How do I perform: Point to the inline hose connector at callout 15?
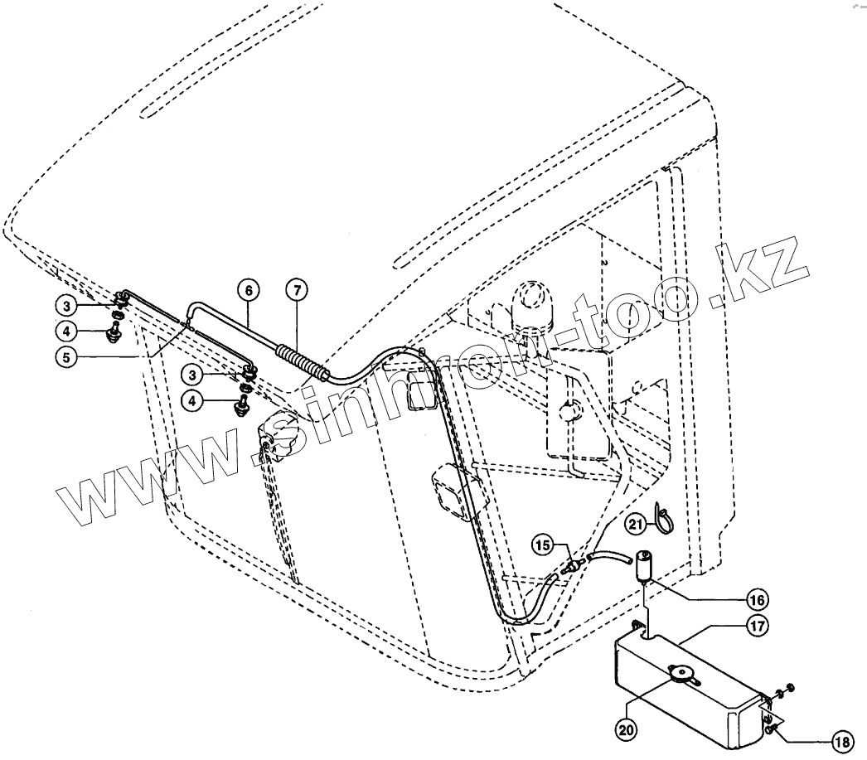[x=572, y=567]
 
